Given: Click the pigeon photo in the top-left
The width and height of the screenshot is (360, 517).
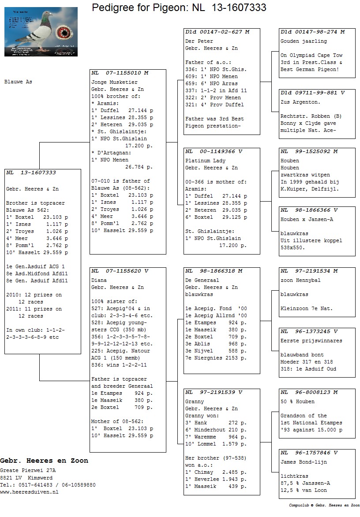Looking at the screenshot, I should tap(41, 31).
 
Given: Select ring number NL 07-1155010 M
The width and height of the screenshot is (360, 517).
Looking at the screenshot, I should tap(120, 73).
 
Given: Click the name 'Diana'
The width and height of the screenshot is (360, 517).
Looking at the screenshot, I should tap(99, 280).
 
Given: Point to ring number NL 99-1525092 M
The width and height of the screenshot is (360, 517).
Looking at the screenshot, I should tap(309, 152).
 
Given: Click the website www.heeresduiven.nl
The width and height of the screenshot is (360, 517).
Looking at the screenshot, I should tap(29, 492).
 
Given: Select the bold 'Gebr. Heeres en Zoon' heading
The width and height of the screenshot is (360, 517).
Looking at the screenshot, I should tap(44, 461).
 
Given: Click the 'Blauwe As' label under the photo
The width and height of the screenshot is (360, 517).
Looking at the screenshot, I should tap(18, 82).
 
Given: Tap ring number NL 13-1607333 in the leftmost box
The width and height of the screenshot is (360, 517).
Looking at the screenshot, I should tap(31, 173).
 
